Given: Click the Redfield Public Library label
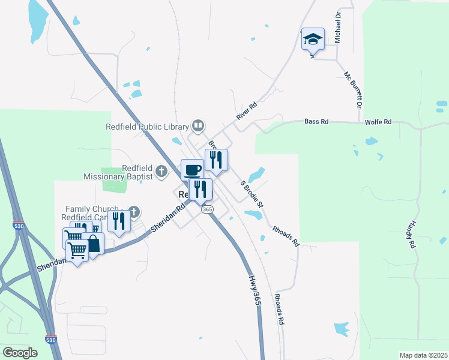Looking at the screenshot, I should [147, 127].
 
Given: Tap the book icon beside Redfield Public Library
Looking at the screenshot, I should [198, 125].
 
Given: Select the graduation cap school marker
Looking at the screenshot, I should [313, 39].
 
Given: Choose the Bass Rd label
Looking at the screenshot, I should [316, 121].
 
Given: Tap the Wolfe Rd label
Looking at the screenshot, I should [378, 122].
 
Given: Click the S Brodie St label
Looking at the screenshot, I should [252, 194].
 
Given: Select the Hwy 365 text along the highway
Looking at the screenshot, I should [255, 292].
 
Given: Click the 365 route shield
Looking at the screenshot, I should [207, 209].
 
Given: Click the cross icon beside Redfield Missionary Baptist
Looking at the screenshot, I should [161, 172].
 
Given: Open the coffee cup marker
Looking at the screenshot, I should [192, 169].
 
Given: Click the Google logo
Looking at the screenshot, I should [20, 353].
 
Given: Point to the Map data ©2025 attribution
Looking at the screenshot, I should [423, 355].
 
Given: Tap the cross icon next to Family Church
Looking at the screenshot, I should [134, 211].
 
